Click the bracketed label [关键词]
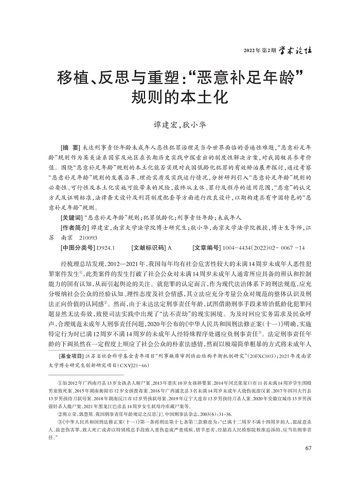pos(72,218)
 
